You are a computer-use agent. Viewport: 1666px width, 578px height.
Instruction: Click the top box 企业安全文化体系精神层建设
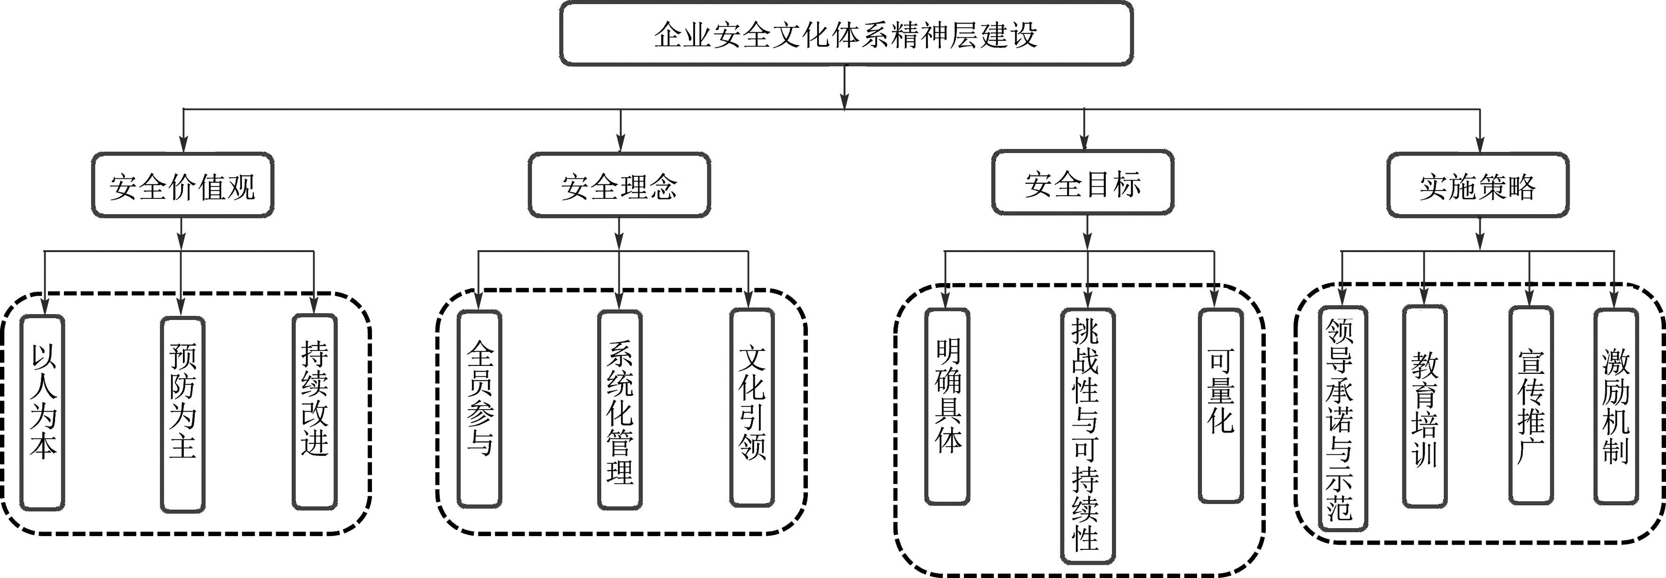(x=846, y=33)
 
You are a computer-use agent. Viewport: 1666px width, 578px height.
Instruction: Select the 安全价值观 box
(x=182, y=186)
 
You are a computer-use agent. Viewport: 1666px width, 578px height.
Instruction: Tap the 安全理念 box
(x=620, y=186)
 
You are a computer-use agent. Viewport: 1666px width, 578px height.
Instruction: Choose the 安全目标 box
(x=1082, y=183)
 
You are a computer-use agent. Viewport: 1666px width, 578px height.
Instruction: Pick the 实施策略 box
(x=1478, y=186)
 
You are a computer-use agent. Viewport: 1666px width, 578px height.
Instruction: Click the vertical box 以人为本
(x=43, y=412)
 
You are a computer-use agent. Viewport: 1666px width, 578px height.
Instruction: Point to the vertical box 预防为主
(x=182, y=414)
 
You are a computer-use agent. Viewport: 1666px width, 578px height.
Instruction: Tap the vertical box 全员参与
(x=479, y=409)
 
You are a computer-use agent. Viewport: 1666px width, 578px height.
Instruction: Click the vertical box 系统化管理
(x=620, y=410)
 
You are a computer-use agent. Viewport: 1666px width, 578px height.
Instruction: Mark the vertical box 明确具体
(x=947, y=406)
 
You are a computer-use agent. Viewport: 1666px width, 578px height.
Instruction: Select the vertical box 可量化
(x=1220, y=405)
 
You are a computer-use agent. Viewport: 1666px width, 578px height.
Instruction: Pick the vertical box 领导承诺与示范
(x=1342, y=418)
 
